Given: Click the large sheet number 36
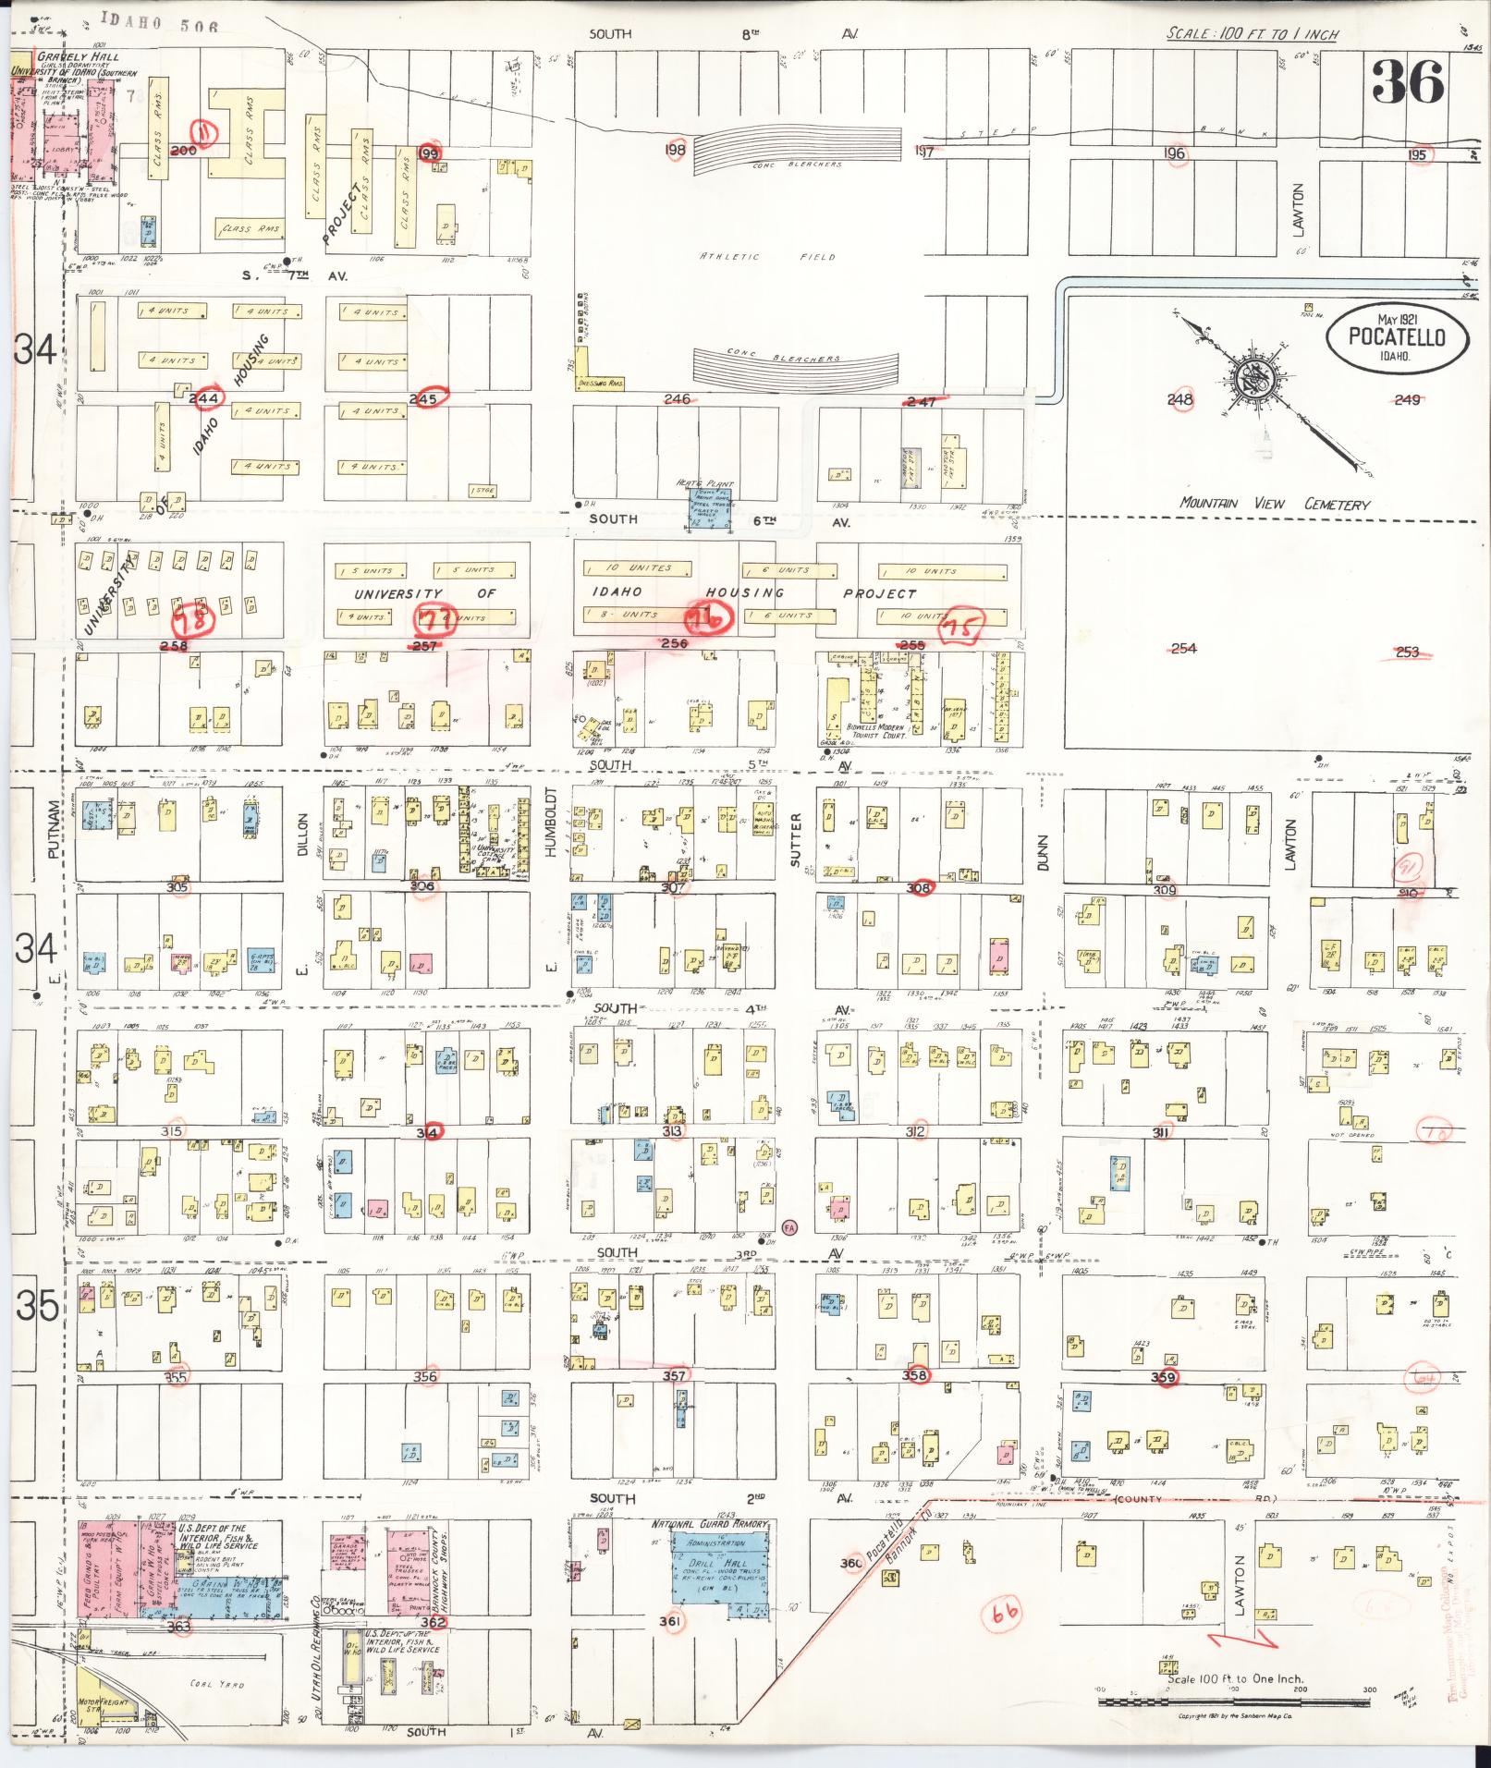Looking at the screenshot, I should point(1407,82).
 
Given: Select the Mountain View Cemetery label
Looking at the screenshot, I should point(1275,504).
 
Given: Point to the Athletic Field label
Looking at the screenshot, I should point(767,257).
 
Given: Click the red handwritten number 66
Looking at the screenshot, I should point(1004,1614).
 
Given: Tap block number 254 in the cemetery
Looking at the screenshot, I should point(1183,648).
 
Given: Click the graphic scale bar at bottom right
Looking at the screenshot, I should point(1234,1700).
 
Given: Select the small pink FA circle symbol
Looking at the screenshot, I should point(789,1226).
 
